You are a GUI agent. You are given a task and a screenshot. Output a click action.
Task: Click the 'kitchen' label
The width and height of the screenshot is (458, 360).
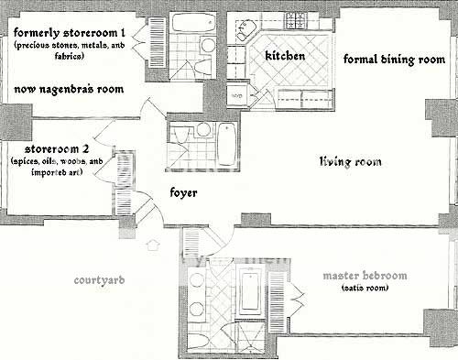(x=285, y=56)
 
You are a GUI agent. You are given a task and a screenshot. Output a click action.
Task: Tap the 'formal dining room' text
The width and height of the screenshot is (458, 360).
(x=394, y=60)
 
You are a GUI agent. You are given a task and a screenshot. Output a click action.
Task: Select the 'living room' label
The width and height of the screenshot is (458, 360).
(x=351, y=161)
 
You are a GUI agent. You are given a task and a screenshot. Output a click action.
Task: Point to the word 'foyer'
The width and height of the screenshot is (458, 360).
(x=183, y=193)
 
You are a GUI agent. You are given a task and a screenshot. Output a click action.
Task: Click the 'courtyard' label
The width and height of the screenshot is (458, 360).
(x=99, y=280)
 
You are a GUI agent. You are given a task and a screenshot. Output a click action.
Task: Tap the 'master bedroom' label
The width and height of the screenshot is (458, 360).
(x=365, y=276)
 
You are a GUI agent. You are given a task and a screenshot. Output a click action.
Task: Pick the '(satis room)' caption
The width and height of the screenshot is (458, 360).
(x=365, y=288)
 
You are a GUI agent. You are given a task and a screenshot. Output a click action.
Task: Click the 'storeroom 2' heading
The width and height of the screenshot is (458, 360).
(x=57, y=149)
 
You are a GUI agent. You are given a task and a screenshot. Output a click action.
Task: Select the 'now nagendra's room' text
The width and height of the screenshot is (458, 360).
(x=69, y=89)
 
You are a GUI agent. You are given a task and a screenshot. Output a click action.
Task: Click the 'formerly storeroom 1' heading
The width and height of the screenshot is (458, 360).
(x=70, y=32)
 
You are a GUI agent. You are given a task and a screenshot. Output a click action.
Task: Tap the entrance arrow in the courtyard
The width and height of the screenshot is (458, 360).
(x=152, y=245)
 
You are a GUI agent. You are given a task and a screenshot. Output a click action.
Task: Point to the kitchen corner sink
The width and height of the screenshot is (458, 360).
(x=245, y=30)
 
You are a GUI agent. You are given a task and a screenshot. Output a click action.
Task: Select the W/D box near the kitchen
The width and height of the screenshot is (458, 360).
(x=237, y=95)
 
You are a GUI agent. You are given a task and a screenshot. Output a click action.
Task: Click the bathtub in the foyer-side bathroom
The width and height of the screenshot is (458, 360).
(x=227, y=144)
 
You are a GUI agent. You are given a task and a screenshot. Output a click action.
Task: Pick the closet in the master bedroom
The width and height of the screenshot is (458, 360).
(x=277, y=301)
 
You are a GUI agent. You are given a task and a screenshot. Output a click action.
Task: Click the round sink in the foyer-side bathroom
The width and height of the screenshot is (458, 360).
(x=202, y=129)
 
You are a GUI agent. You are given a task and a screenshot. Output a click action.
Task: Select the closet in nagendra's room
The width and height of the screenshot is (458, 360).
(x=158, y=42)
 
